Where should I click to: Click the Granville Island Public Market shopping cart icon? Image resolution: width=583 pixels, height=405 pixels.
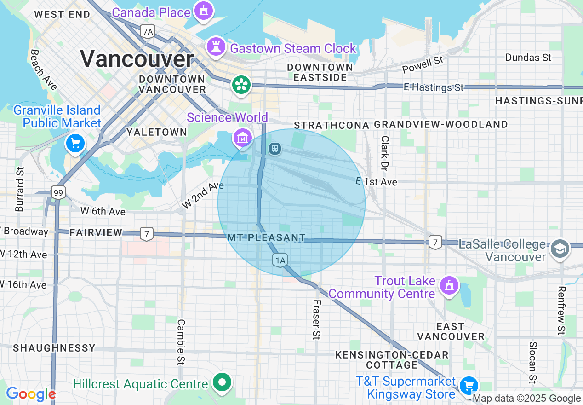click(x=75, y=144)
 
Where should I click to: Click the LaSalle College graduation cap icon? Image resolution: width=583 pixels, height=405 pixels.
click(x=560, y=249)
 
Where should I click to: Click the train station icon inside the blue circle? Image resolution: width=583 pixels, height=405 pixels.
click(x=275, y=149)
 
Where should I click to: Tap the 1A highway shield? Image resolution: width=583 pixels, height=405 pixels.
click(x=280, y=260)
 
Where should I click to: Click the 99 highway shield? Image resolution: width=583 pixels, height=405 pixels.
click(x=58, y=192)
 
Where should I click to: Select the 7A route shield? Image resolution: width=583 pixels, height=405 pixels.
click(x=148, y=31)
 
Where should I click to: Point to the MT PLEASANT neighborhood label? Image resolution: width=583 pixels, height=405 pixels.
click(x=266, y=238)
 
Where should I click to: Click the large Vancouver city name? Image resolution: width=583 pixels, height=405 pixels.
click(x=137, y=58)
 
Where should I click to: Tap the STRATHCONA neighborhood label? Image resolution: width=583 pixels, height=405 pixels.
click(x=332, y=125)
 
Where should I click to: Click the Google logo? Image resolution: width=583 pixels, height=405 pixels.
click(x=31, y=394)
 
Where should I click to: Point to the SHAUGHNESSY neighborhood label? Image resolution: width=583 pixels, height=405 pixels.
click(x=54, y=348)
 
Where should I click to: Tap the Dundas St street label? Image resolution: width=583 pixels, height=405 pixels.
click(x=528, y=58)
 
